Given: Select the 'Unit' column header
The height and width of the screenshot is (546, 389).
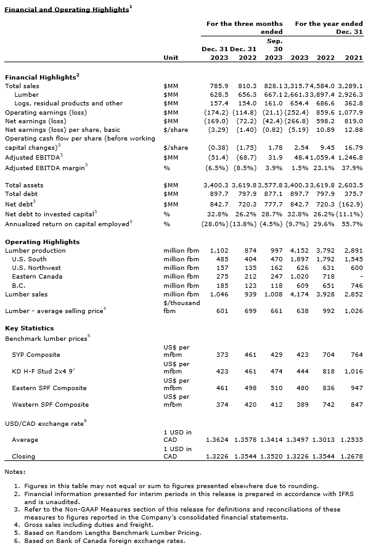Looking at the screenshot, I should [171, 57].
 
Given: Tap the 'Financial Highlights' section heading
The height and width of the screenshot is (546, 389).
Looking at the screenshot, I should [41, 78].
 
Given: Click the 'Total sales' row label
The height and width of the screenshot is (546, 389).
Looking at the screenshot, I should [22, 86].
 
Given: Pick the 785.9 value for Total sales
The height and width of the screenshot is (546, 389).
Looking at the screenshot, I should [219, 86].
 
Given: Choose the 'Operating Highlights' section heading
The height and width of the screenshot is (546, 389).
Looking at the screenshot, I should [42, 242].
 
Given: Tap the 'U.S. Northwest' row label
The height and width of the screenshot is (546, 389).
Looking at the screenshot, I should [36, 268].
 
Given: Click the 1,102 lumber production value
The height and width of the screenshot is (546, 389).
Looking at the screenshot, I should [219, 251].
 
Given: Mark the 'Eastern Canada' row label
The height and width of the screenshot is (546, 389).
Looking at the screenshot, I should [37, 277].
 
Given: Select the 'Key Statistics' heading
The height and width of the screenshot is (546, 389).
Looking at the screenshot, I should [29, 328].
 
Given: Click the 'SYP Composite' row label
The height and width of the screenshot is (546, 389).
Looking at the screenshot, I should [36, 355].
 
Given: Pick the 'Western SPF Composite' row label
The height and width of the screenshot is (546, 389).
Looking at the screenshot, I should [50, 405].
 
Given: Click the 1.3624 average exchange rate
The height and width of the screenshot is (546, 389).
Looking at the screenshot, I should [215, 440].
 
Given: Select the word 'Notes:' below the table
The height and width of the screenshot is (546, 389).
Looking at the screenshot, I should [15, 471].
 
